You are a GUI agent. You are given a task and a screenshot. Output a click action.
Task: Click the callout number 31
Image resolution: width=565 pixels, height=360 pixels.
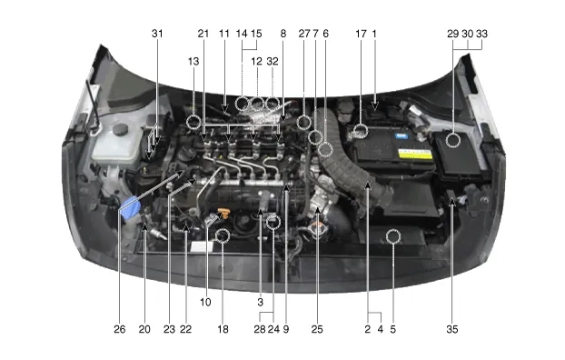(157, 34)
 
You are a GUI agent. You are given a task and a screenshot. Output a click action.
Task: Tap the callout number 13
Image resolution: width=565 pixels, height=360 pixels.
(193, 61)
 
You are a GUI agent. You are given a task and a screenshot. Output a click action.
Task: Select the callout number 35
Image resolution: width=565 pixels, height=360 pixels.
(452, 329)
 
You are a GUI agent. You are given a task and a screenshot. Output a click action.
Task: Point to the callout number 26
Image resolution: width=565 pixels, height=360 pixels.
(120, 329)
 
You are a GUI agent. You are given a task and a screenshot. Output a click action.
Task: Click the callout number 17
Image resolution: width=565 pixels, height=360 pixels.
(361, 34)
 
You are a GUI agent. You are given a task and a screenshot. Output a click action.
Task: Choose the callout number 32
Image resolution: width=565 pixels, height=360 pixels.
(273, 61)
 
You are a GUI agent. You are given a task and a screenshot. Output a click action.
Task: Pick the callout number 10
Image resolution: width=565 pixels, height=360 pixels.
(205, 302)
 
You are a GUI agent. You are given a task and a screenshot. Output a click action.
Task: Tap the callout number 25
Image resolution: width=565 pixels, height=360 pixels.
(317, 329)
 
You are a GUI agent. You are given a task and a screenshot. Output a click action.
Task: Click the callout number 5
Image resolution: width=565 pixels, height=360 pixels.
(392, 329)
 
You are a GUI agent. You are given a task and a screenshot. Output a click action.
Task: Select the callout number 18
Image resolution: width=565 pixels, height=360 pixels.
(223, 329)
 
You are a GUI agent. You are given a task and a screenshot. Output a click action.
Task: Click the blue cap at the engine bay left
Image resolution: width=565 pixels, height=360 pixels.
(130, 208)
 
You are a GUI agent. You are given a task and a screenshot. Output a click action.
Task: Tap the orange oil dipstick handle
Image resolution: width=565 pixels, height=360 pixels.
(223, 213)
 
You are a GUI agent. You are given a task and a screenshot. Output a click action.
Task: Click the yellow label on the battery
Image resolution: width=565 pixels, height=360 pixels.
(415, 154)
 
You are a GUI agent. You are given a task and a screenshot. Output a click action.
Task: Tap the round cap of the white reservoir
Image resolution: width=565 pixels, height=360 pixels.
(120, 129)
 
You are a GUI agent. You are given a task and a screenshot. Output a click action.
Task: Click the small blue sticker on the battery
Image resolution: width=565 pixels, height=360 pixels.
(401, 136)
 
